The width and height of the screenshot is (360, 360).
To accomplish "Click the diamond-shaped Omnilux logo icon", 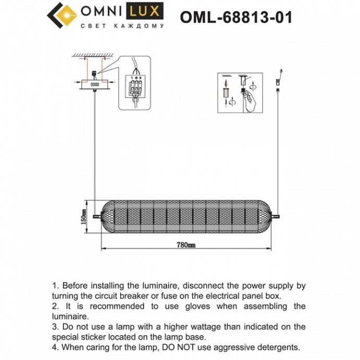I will pos(62,16).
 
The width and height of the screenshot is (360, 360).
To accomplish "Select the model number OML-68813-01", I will pos(236,17).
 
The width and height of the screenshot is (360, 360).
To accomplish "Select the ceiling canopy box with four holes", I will pos(95,84).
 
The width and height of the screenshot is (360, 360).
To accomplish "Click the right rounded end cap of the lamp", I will pos(267,214).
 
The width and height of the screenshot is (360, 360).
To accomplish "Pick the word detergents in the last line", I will pos(278,346).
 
